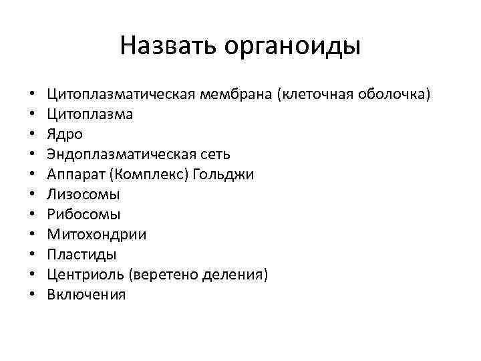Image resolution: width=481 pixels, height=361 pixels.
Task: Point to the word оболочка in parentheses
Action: [394, 94]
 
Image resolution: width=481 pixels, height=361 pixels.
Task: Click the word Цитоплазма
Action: [90, 114]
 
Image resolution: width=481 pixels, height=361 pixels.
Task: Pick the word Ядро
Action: [65, 134]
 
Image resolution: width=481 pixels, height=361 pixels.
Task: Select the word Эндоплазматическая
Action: [118, 154]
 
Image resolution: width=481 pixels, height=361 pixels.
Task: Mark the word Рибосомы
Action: [84, 215]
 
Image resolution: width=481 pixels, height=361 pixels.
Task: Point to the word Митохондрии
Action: [97, 235]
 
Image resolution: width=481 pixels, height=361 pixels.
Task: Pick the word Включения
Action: [86, 295]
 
